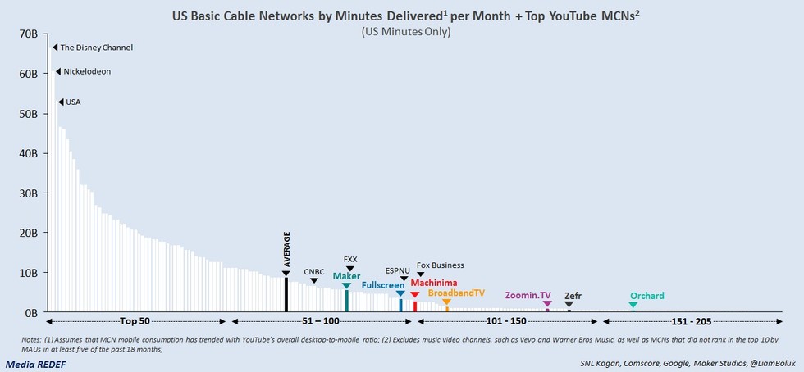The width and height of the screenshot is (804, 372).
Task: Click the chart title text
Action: (x=401, y=15)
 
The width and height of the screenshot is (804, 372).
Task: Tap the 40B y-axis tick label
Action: (x=27, y=153)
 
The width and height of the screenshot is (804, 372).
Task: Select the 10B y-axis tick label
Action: (x=27, y=273)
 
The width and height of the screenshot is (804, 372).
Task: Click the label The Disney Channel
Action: (x=97, y=48)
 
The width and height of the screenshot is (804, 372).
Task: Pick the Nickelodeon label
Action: (x=87, y=71)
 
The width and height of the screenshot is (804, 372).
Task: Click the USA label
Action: (x=73, y=102)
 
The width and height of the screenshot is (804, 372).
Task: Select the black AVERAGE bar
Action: (x=286, y=293)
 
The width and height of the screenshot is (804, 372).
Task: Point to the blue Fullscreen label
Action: (x=383, y=285)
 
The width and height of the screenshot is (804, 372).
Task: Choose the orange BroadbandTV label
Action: (x=456, y=293)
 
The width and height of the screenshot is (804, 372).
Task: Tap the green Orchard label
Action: (x=646, y=296)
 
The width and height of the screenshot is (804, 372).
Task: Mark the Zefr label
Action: (x=573, y=295)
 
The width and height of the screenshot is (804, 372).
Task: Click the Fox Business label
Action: (x=440, y=265)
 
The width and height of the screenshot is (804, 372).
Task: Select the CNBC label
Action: (x=314, y=271)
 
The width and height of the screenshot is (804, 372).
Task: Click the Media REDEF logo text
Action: (x=36, y=363)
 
